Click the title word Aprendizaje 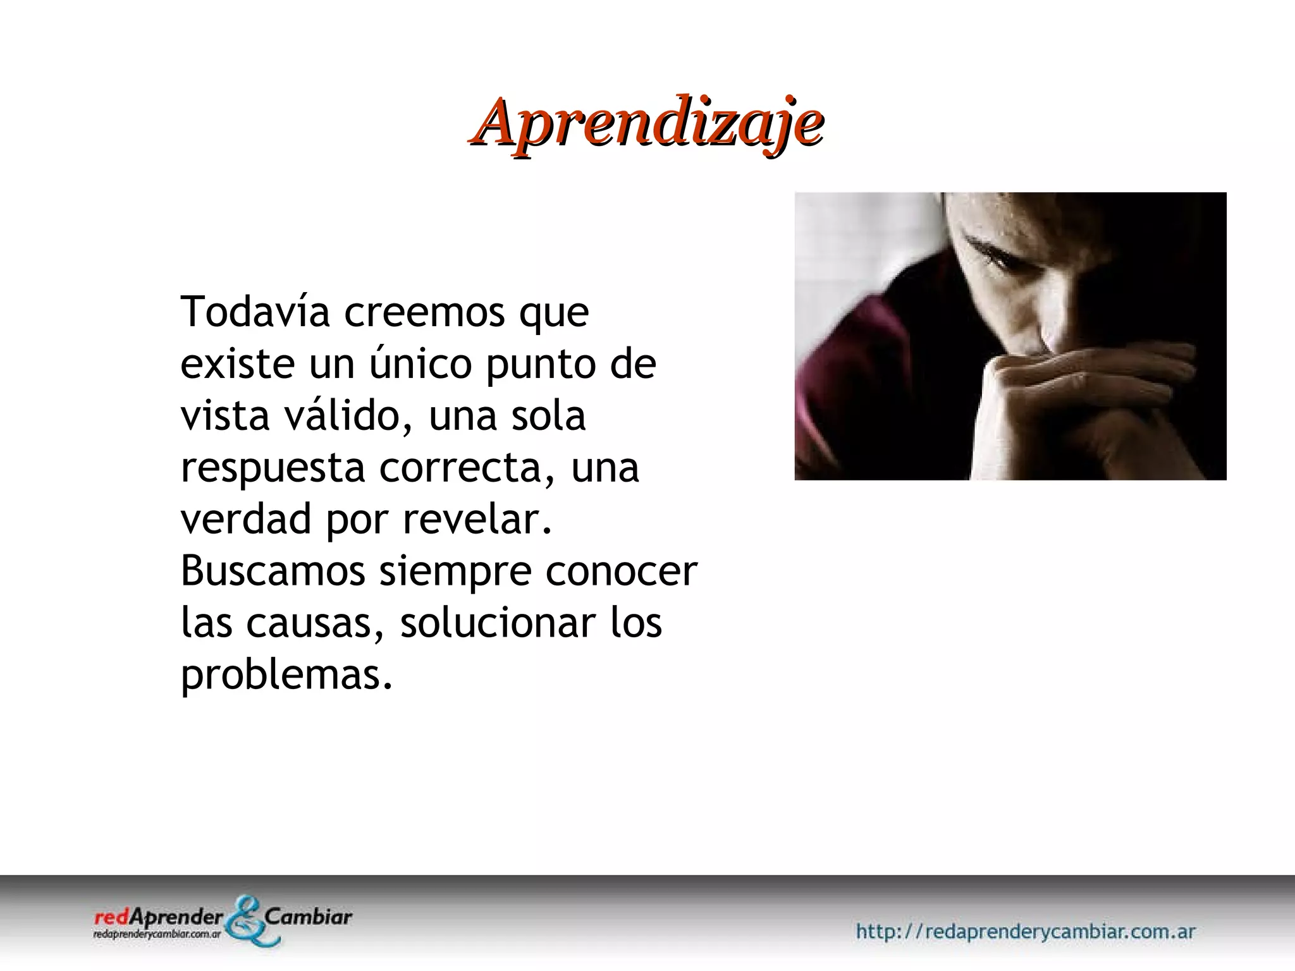646,122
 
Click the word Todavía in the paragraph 255,312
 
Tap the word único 420,364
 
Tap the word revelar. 477,520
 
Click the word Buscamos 273,571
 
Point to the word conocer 622,571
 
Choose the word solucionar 498,623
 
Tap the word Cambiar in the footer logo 309,917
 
